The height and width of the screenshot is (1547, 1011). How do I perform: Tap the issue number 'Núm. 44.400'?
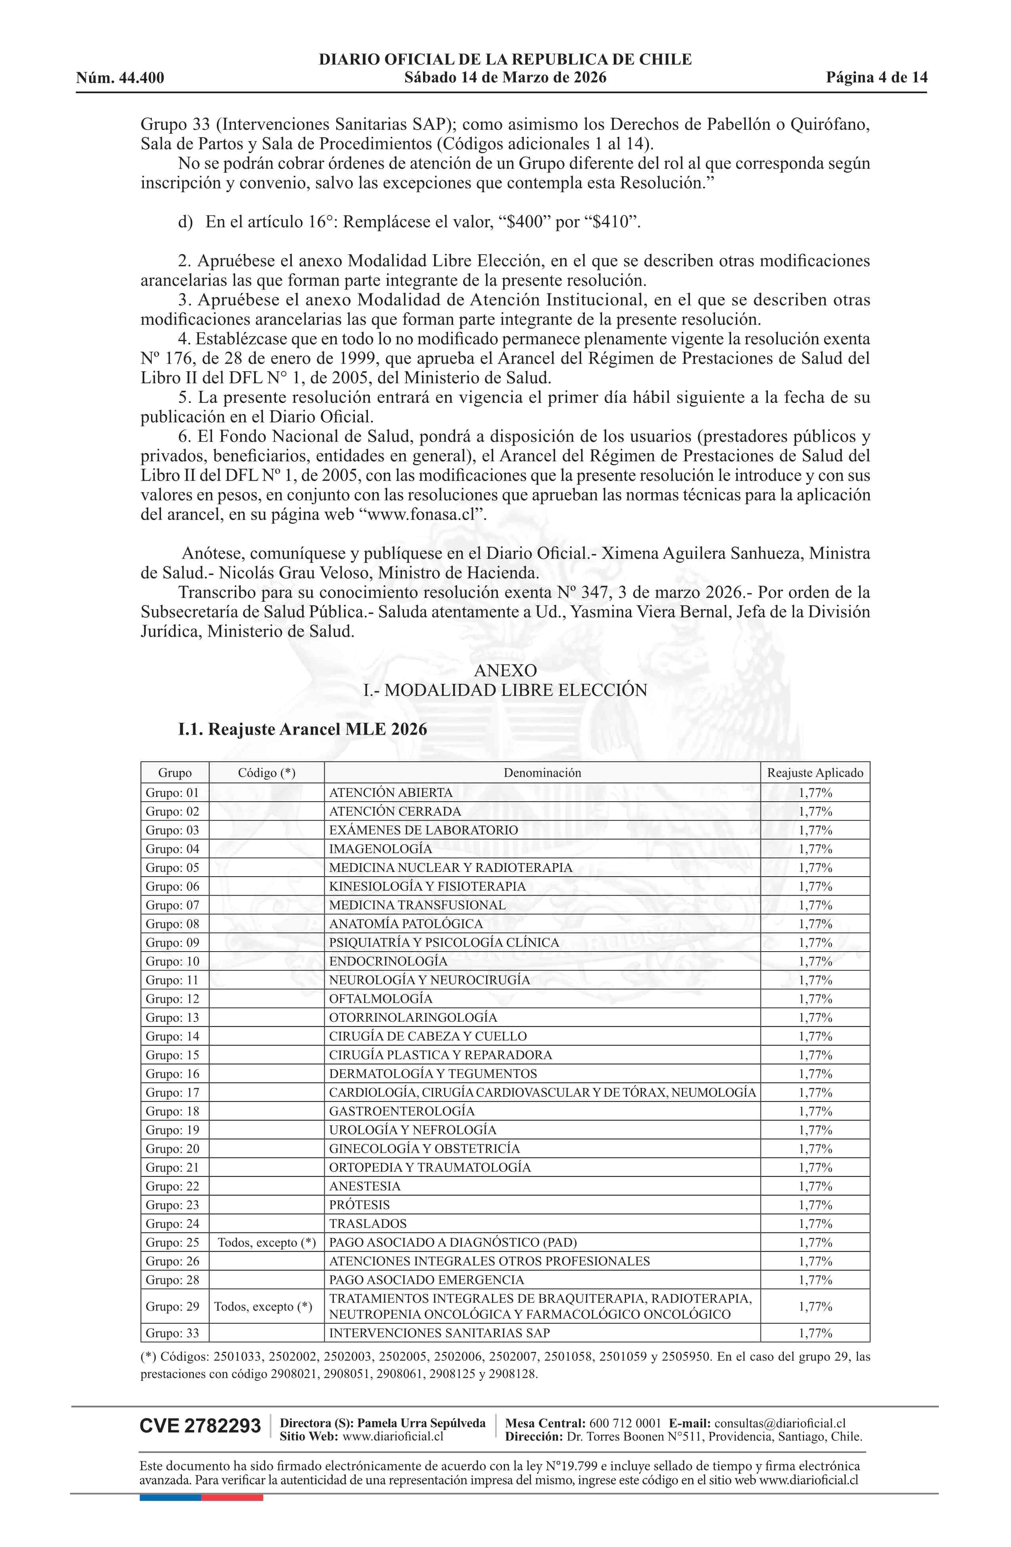click(120, 78)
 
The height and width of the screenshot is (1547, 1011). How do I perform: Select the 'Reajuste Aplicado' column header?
click(815, 773)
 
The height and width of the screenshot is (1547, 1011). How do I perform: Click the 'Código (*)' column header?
click(266, 773)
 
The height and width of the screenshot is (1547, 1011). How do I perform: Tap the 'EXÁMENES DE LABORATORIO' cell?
click(423, 830)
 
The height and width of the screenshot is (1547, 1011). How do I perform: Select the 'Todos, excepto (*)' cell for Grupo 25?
click(266, 1243)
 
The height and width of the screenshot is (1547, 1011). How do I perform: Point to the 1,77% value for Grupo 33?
click(815, 1333)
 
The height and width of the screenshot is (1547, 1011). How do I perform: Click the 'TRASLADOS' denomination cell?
click(368, 1224)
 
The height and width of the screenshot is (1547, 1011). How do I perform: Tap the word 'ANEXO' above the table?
click(505, 671)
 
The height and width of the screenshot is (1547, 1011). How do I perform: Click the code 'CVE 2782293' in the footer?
click(200, 1426)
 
